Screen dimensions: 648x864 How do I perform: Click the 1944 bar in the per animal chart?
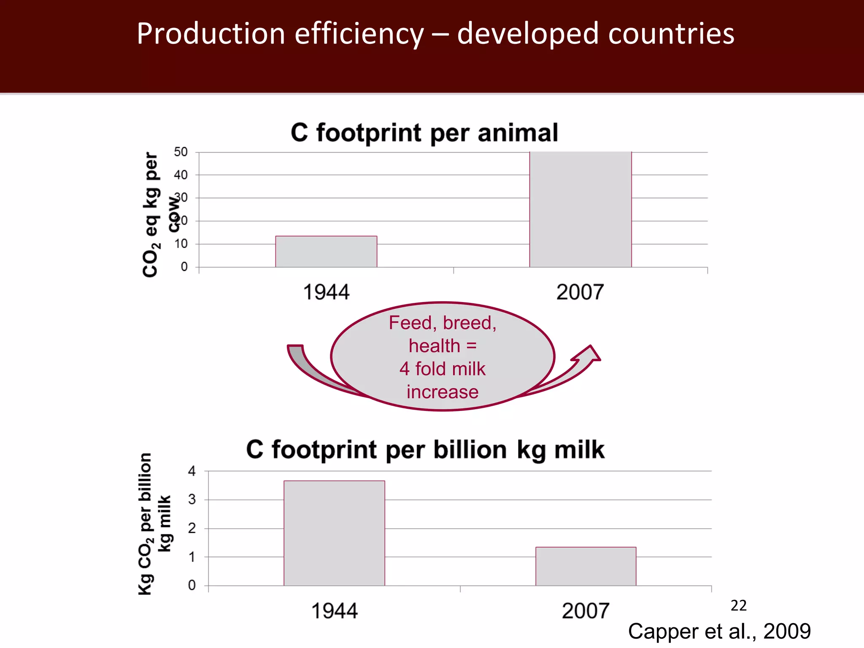(x=326, y=251)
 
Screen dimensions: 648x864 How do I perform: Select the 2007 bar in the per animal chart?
(x=580, y=209)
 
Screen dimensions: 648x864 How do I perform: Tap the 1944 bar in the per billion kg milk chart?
(x=334, y=533)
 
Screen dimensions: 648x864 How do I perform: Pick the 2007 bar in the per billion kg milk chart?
(x=586, y=566)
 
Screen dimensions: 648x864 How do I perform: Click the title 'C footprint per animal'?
(x=424, y=133)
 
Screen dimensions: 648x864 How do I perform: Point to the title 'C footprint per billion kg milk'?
(x=425, y=450)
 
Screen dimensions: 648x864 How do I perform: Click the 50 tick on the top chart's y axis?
(x=181, y=152)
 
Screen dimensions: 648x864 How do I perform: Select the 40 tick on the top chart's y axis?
(x=181, y=175)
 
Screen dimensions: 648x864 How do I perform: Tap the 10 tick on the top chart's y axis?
(x=181, y=244)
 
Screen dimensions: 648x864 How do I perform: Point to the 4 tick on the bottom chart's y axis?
(x=192, y=471)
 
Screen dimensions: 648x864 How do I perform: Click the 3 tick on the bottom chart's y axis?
(x=192, y=500)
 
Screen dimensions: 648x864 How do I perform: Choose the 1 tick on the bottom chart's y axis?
(x=192, y=557)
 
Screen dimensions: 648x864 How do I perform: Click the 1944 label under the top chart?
(x=326, y=292)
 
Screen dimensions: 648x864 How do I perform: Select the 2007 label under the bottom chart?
(x=585, y=611)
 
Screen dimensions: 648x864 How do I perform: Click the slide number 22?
(x=738, y=606)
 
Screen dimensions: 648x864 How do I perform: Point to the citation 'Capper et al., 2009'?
(x=719, y=632)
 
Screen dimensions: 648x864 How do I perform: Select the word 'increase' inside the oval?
(x=443, y=392)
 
